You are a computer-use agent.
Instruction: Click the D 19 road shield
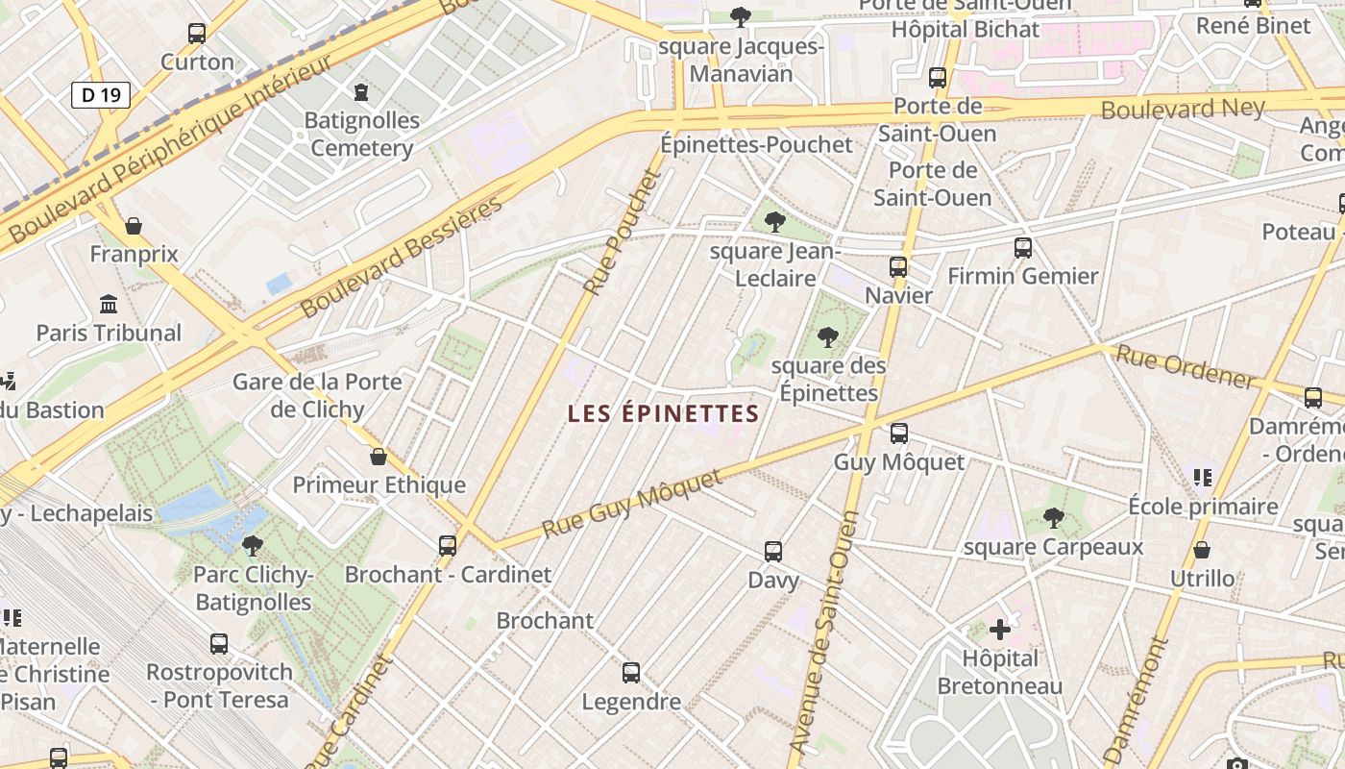tap(100, 94)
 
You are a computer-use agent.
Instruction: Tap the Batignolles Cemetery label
tap(361, 135)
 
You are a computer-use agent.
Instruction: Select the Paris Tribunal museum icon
tap(109, 305)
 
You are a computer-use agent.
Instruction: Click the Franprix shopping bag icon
tap(134, 226)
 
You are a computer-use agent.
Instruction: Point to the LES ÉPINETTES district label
tap(663, 414)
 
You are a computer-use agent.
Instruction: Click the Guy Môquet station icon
tap(898, 434)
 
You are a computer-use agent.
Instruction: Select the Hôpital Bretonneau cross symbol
tap(1000, 630)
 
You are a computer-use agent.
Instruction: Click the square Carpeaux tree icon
tap(1053, 518)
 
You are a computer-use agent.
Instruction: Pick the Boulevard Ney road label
tap(1183, 108)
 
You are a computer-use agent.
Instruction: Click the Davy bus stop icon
tap(773, 552)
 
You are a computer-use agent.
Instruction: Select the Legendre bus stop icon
tap(631, 673)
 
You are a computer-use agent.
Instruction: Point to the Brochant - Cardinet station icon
tap(448, 546)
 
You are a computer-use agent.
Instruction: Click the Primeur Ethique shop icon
tap(379, 456)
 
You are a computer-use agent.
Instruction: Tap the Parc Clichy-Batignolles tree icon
tap(253, 546)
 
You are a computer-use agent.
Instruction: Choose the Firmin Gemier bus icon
tap(1023, 248)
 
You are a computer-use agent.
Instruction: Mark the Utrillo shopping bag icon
tap(1201, 550)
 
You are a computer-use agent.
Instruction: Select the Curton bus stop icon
tap(197, 34)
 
